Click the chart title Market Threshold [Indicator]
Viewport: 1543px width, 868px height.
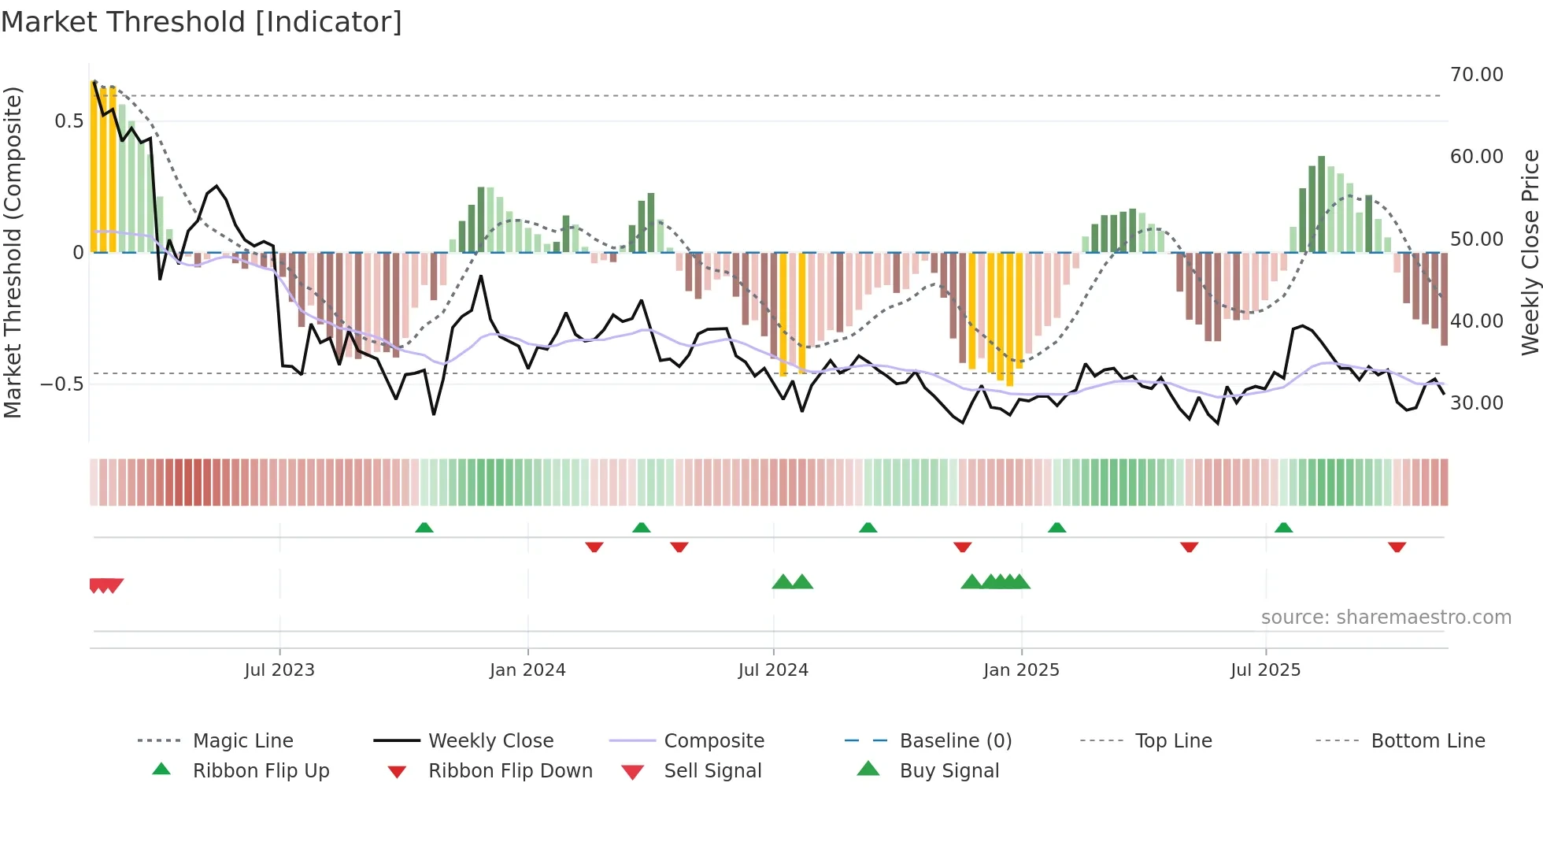tap(202, 22)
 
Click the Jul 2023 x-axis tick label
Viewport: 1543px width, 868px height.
tap(279, 670)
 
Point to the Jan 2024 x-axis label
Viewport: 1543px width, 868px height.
tap(527, 670)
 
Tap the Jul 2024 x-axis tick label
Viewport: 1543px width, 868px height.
tap(773, 670)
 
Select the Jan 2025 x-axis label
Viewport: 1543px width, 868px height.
tap(1021, 670)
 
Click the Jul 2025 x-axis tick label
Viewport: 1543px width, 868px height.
tap(1265, 670)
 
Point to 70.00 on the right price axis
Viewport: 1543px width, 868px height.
tap(1476, 75)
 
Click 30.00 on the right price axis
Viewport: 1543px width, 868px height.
tap(1476, 403)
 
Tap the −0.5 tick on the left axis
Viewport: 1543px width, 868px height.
tap(62, 384)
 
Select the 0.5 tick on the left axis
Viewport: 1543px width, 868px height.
tap(68, 121)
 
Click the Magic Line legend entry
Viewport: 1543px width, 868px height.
tap(242, 741)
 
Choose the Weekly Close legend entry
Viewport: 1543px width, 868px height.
tap(490, 741)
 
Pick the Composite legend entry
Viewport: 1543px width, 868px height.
tap(713, 741)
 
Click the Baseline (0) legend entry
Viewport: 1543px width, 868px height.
tap(955, 741)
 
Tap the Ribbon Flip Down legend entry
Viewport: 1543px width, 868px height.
tap(509, 771)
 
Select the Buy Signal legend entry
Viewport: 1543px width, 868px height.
tap(949, 771)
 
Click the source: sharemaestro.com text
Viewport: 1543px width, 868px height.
tap(1386, 618)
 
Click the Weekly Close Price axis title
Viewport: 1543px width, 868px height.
tap(1530, 252)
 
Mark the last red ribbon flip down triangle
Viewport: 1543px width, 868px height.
tap(1397, 547)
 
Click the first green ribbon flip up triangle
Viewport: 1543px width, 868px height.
tap(424, 527)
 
